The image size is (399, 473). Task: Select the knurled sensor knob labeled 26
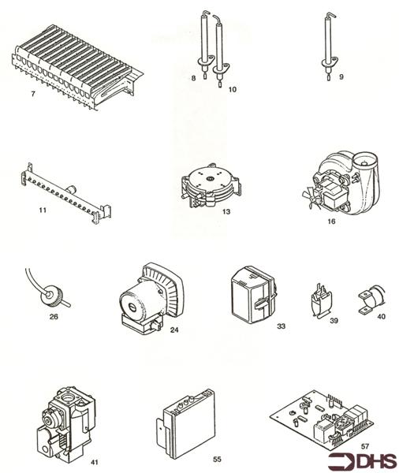43,295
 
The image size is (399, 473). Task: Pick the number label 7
32,95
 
